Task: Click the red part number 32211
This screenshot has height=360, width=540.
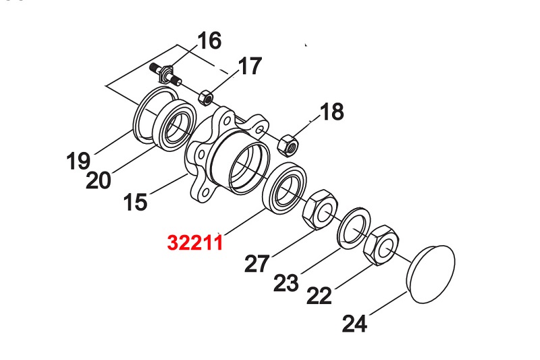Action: [x=195, y=242]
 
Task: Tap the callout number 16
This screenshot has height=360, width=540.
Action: [x=209, y=41]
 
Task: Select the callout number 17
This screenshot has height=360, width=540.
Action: [x=248, y=67]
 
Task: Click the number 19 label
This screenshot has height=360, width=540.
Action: [x=79, y=161]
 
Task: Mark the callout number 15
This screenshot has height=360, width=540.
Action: [x=136, y=202]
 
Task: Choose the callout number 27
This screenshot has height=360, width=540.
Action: [x=257, y=263]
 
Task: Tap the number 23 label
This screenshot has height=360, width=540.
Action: [x=287, y=282]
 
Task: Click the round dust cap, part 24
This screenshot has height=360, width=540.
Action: [x=432, y=273]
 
